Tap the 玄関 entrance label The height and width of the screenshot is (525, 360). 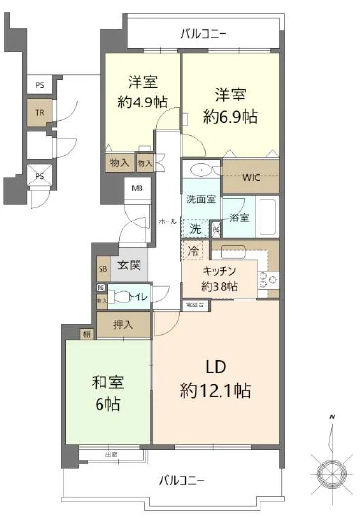click(x=129, y=264)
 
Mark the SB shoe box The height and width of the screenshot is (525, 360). click(x=102, y=268)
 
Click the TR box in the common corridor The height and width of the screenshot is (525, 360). click(x=40, y=113)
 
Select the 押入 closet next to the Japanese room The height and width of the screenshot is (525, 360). click(x=123, y=323)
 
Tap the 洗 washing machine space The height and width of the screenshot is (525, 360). click(x=195, y=228)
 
